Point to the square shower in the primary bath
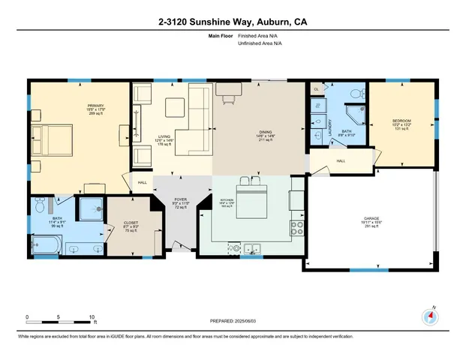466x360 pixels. tap(89, 209)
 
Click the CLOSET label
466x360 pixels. tap(131, 222)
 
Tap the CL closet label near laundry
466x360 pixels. tap(317, 88)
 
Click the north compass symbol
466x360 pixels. tap(430, 316)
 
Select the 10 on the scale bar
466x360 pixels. tap(91, 317)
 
